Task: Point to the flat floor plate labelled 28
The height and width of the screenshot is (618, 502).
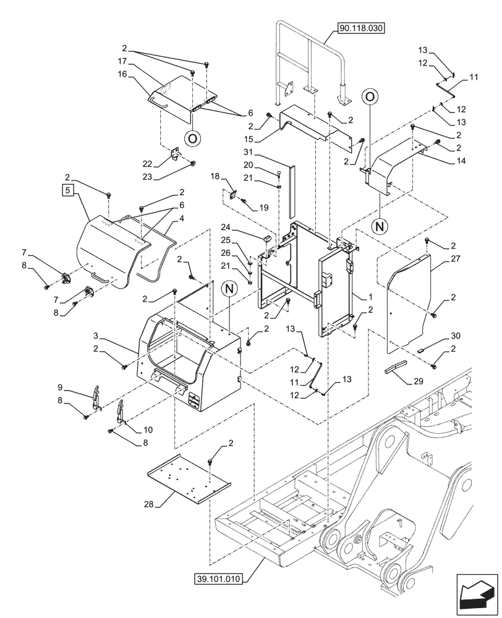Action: click(182, 479)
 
